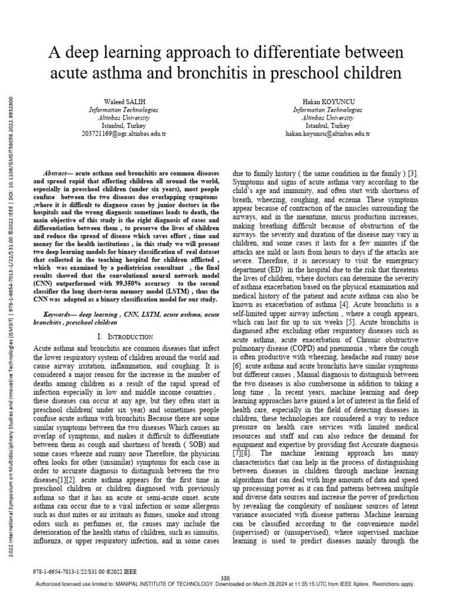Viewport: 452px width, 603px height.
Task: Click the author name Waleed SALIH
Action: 123,102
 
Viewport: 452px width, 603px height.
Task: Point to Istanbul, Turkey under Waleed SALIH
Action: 123,126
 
